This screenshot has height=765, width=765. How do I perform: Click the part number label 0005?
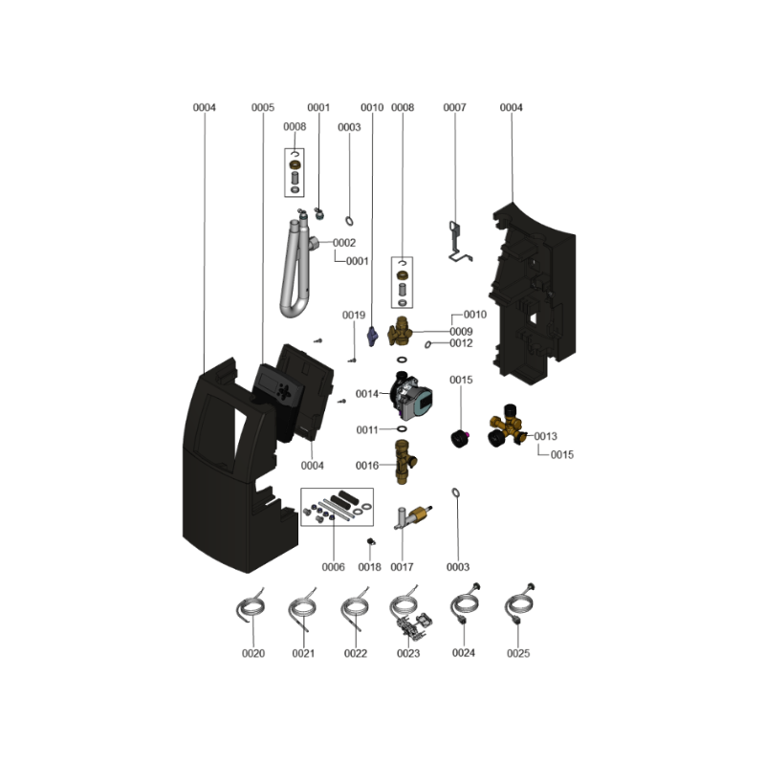(x=263, y=107)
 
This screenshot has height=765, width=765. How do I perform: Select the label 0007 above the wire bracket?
(x=455, y=107)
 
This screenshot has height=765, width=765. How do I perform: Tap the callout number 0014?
(x=367, y=394)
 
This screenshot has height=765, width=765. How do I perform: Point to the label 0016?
(x=367, y=466)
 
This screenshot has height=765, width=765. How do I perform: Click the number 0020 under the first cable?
(x=253, y=653)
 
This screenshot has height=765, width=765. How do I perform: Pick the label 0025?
(x=518, y=653)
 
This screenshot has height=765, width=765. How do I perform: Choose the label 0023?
(x=408, y=653)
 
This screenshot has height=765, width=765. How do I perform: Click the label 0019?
(x=354, y=316)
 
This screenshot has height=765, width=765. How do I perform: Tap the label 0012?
(x=461, y=343)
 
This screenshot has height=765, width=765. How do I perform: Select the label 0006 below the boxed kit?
(x=333, y=567)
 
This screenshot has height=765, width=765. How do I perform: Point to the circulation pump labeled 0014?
(x=411, y=396)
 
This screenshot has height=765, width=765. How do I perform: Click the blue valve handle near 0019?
(x=372, y=337)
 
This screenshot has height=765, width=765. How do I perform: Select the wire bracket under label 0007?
(x=458, y=243)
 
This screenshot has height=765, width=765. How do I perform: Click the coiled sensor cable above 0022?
(x=355, y=609)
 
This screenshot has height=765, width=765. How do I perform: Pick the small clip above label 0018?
(x=371, y=541)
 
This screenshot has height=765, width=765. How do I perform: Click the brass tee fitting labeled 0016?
(x=404, y=462)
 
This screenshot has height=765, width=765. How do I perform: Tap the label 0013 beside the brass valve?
(x=545, y=436)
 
